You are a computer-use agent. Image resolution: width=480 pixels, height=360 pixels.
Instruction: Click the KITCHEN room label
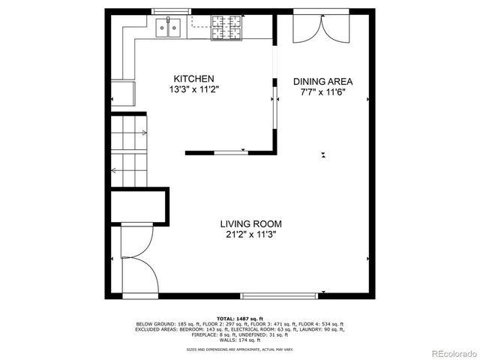click(194, 79)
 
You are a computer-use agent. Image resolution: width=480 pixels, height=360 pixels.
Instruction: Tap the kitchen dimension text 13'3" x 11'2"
click(194, 89)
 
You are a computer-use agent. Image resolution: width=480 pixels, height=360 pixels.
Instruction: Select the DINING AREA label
click(322, 82)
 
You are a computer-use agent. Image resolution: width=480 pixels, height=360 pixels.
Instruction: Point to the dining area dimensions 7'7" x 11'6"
click(322, 92)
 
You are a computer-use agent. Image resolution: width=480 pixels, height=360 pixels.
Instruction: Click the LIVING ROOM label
click(250, 223)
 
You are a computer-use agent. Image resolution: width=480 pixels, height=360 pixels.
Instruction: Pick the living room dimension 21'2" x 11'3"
click(250, 234)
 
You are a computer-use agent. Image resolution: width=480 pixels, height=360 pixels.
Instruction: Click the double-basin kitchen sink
click(169, 28)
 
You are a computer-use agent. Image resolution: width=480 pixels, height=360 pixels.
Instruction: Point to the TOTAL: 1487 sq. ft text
click(240, 319)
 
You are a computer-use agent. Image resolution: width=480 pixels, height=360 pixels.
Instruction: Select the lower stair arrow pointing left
click(114, 171)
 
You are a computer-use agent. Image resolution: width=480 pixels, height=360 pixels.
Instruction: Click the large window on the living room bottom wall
click(283, 295)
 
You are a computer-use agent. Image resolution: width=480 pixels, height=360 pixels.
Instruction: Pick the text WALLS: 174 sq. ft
click(240, 340)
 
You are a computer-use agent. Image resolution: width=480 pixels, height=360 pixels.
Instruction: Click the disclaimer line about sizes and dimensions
click(240, 349)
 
